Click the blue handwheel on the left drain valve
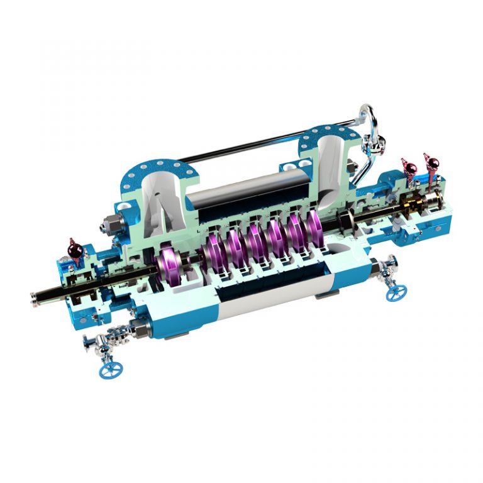(x=108, y=370)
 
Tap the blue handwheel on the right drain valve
(x=396, y=292)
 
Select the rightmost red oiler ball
(x=431, y=164)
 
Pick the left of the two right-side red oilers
(x=409, y=169)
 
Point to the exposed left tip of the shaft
(x=34, y=297)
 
